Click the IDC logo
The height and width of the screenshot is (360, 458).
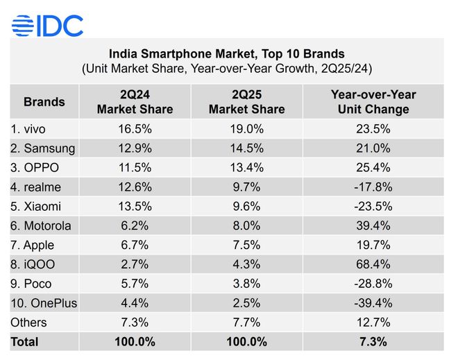click(x=47, y=26)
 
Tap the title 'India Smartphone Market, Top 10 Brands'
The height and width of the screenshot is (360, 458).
click(x=227, y=53)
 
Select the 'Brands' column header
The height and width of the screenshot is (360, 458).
click(x=44, y=101)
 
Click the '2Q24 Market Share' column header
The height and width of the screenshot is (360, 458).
click(x=135, y=101)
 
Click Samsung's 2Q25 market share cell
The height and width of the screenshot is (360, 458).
click(x=246, y=148)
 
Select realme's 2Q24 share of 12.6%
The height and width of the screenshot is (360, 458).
click(x=135, y=187)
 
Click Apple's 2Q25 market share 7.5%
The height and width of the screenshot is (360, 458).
click(x=246, y=245)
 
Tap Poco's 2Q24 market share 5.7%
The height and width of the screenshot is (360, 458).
click(x=135, y=284)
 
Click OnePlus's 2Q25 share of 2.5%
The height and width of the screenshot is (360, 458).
click(x=246, y=303)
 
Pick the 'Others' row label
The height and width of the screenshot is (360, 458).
click(x=28, y=323)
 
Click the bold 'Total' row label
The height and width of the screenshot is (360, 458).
click(x=24, y=341)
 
